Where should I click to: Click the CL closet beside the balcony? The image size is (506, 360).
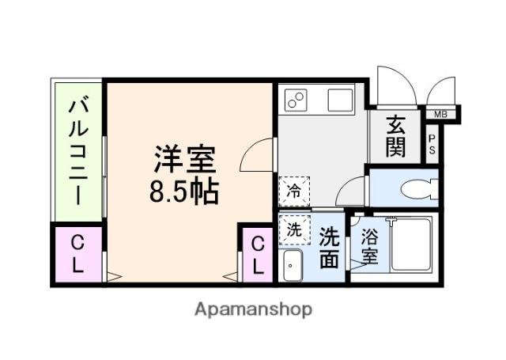click(x=77, y=255)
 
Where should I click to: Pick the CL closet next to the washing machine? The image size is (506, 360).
click(x=259, y=255)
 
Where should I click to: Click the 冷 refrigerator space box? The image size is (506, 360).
click(x=293, y=190)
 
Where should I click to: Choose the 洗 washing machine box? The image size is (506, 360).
click(x=293, y=230)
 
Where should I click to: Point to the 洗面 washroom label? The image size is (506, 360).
click(x=330, y=247)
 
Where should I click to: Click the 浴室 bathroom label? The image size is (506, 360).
click(x=369, y=247)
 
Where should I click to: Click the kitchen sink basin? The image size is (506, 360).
click(x=341, y=100)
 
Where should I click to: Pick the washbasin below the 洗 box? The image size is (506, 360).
click(x=292, y=266)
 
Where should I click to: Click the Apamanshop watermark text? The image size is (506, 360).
click(x=253, y=309)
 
